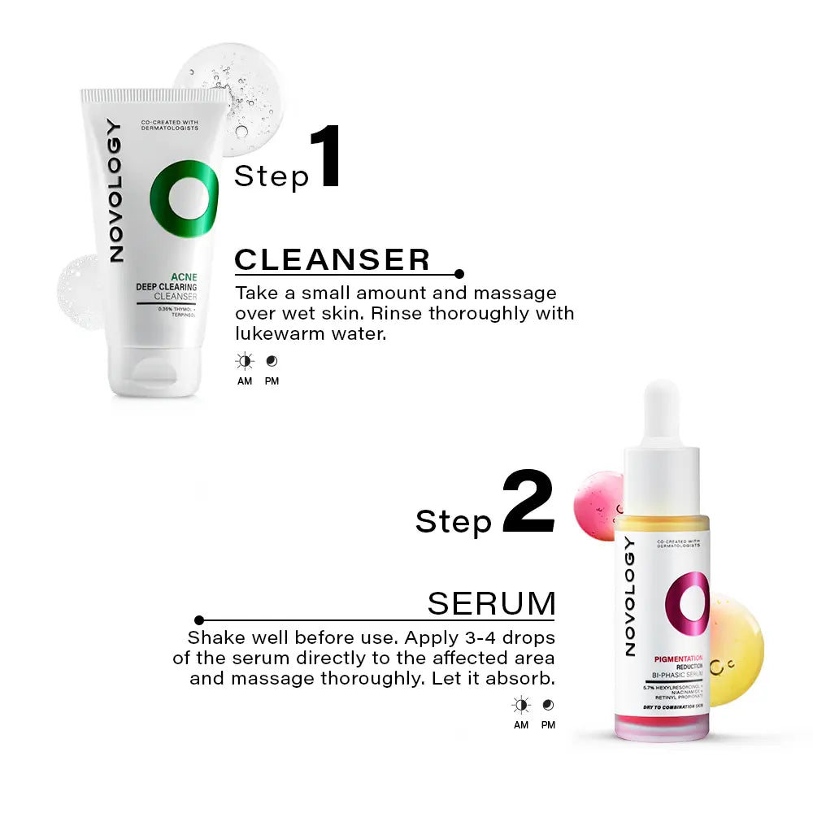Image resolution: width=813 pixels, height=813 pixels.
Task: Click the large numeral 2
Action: tap(528, 502)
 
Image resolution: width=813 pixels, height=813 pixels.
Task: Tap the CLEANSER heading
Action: tap(332, 259)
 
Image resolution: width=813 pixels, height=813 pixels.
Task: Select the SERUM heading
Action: tap(491, 604)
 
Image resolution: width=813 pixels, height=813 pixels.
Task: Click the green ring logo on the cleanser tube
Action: tap(185, 199)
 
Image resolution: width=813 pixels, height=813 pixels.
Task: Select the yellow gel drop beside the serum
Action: tap(736, 650)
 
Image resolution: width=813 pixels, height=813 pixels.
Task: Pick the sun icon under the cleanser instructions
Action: tap(245, 361)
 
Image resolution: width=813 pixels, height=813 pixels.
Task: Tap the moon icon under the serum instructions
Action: tap(548, 705)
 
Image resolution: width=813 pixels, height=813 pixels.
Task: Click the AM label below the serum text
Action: tap(521, 725)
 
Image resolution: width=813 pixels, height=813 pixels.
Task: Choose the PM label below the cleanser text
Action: tap(272, 381)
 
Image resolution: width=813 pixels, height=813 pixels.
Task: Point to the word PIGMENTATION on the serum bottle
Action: tap(678, 658)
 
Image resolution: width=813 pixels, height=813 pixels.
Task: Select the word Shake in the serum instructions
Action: tap(212, 637)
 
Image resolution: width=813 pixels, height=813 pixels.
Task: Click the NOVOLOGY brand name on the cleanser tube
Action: tap(115, 191)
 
